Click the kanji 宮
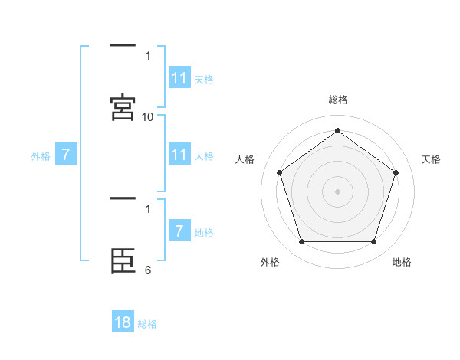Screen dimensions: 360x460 pyautogui.click(x=123, y=108)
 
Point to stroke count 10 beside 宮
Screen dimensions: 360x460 pyautogui.click(x=148, y=117)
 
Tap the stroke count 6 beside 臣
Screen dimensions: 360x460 pyautogui.click(x=148, y=270)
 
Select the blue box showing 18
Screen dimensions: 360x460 pyautogui.click(x=123, y=322)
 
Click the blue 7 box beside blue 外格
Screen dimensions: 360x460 pyautogui.click(x=67, y=155)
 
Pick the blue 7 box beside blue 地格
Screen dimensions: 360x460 pyautogui.click(x=179, y=231)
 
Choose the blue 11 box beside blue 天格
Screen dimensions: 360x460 pyautogui.click(x=179, y=78)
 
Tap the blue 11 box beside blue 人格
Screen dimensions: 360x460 pyautogui.click(x=179, y=155)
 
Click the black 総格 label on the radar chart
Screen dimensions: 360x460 pyautogui.click(x=337, y=100)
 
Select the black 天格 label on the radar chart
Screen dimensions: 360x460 pyautogui.click(x=431, y=159)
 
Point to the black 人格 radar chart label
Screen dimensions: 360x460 pyautogui.click(x=245, y=159)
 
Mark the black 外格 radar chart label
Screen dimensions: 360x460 pyautogui.click(x=270, y=262)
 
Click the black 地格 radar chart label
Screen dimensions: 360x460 pyautogui.click(x=402, y=262)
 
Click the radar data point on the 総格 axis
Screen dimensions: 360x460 pyautogui.click(x=337, y=130)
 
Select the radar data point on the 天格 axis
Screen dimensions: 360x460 pyautogui.click(x=396, y=172)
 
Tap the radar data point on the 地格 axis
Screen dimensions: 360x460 pyautogui.click(x=373, y=241)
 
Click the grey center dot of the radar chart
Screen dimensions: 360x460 pyautogui.click(x=337, y=191)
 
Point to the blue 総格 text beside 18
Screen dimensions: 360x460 pyautogui.click(x=147, y=324)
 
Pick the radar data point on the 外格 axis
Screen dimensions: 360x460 pyautogui.click(x=301, y=241)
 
